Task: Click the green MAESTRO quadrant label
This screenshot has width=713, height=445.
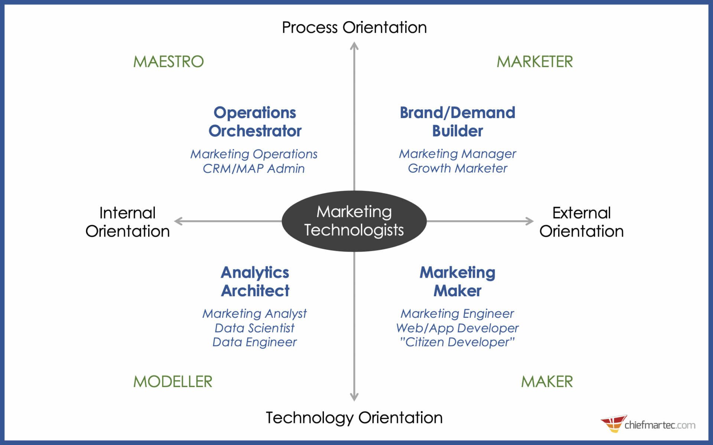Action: pyautogui.click(x=168, y=62)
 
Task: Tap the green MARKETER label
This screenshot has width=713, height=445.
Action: pyautogui.click(x=534, y=62)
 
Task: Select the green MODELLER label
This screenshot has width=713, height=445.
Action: pyautogui.click(x=173, y=382)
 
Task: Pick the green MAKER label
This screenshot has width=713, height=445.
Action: pyautogui.click(x=547, y=382)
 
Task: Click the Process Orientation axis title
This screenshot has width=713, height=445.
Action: pyautogui.click(x=354, y=27)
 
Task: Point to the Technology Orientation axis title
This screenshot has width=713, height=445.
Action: pyautogui.click(x=354, y=418)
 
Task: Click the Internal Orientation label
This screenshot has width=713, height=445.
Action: pyautogui.click(x=127, y=222)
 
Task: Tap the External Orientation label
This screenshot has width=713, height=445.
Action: pyautogui.click(x=581, y=222)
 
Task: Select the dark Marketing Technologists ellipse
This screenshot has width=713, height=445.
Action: pyautogui.click(x=354, y=221)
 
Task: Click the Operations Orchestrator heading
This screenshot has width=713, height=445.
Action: pyautogui.click(x=255, y=122)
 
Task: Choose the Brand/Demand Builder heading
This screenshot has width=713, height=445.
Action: pyautogui.click(x=457, y=122)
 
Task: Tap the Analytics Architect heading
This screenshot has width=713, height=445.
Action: pyautogui.click(x=255, y=281)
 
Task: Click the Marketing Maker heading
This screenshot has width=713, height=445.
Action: pyautogui.click(x=457, y=281)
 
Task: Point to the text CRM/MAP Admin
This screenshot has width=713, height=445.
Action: pyautogui.click(x=254, y=168)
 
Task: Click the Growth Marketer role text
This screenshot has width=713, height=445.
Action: pyautogui.click(x=457, y=168)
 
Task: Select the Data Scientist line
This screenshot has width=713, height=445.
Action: pyautogui.click(x=254, y=328)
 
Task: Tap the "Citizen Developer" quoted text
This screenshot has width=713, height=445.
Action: pyautogui.click(x=457, y=342)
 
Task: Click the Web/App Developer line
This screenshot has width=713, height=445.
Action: pyautogui.click(x=457, y=328)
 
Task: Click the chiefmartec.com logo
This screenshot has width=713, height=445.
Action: pyautogui.click(x=648, y=424)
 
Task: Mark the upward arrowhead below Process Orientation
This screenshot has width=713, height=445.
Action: pyautogui.click(x=354, y=46)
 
